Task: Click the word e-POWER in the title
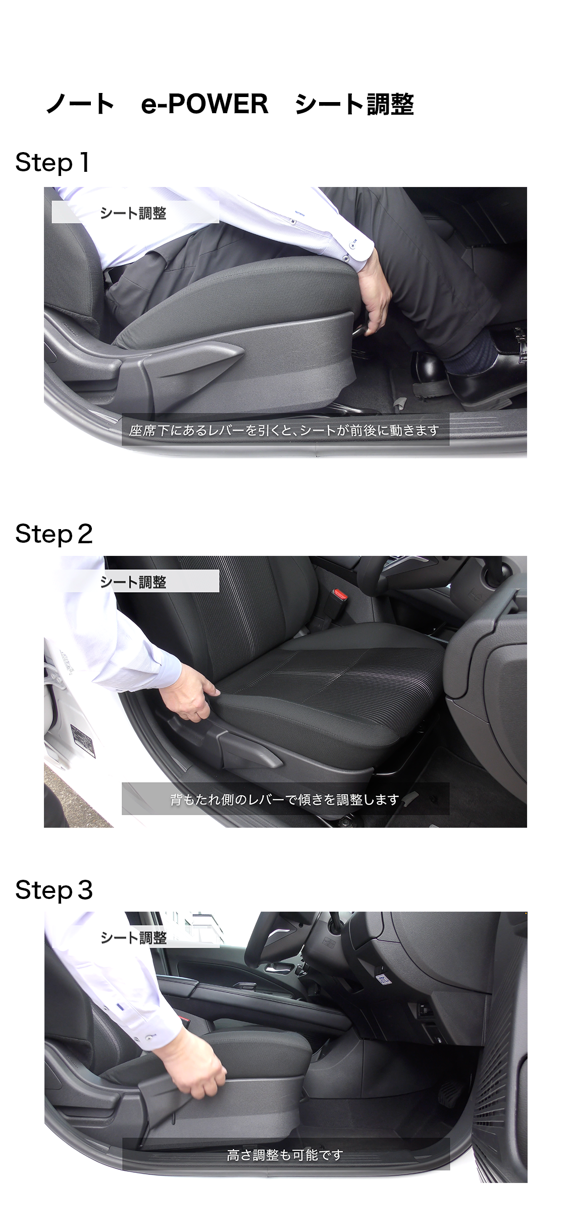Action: pos(204,104)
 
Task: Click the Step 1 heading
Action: pos(53,163)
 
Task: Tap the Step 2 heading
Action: pos(54,534)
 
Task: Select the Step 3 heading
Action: pos(54,890)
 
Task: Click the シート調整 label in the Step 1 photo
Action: pos(133,213)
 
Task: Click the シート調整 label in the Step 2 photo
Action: pos(133,582)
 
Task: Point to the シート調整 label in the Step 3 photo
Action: pos(133,937)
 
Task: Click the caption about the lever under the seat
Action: pos(284,430)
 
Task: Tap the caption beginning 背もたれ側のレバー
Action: pos(285,799)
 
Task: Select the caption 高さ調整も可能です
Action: pos(285,1155)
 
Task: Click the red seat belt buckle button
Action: pos(340,594)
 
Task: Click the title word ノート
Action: pos(80,104)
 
